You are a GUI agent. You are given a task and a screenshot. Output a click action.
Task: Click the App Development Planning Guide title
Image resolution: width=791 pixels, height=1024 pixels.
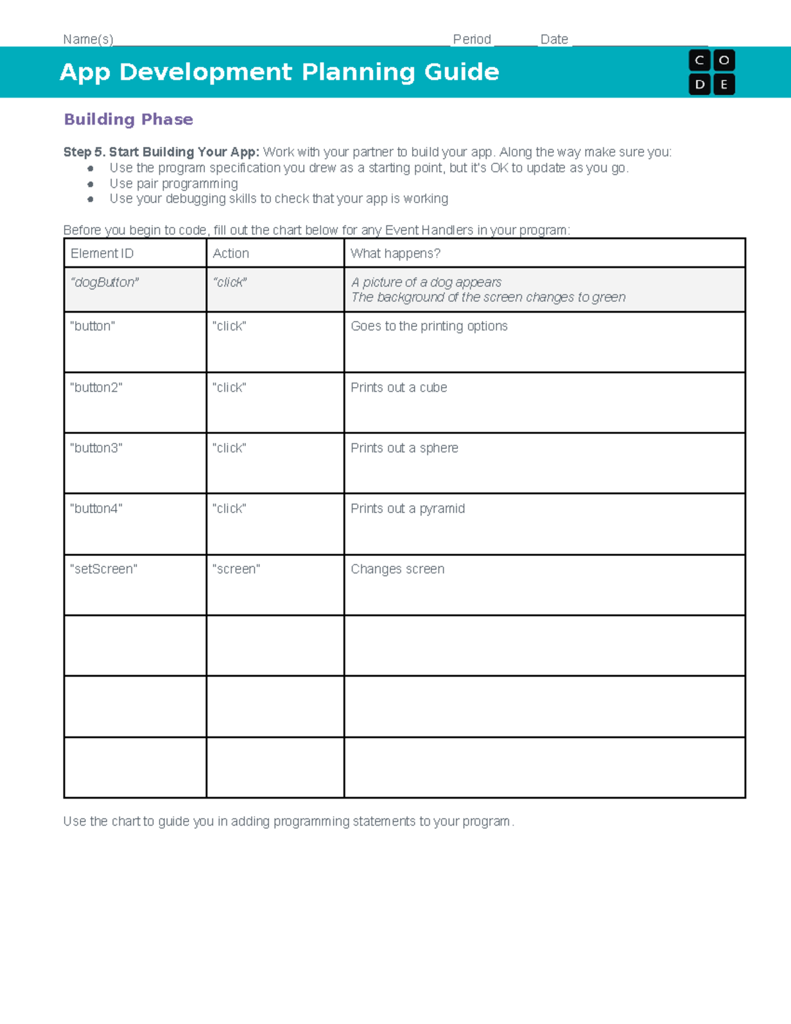click(279, 72)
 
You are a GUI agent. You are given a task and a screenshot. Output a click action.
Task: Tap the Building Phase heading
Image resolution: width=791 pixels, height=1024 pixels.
click(129, 119)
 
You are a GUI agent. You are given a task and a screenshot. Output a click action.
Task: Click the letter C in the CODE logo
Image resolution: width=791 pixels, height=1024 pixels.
click(699, 61)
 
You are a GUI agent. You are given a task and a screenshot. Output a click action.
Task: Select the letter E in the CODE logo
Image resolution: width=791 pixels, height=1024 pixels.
click(724, 84)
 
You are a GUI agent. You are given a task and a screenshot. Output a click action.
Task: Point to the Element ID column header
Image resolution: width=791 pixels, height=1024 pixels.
click(102, 253)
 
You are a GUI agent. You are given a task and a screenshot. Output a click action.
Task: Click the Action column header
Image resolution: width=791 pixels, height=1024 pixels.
click(231, 253)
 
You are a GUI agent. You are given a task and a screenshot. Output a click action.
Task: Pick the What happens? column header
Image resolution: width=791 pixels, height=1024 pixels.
click(395, 253)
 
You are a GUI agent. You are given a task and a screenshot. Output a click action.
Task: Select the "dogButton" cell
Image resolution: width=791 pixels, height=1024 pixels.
click(105, 282)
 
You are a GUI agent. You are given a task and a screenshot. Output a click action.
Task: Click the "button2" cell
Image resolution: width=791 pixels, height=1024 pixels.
click(96, 388)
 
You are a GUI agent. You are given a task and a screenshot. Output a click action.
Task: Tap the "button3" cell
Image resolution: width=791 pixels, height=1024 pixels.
click(96, 448)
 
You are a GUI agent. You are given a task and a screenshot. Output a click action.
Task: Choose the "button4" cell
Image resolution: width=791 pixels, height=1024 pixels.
click(96, 509)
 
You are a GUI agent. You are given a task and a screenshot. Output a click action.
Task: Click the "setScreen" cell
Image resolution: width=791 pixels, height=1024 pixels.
click(103, 569)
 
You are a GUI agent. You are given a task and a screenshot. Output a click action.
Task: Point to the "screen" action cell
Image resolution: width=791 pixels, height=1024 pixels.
click(236, 569)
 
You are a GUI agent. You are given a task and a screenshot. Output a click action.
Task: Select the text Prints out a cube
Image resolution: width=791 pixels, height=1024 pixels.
click(399, 388)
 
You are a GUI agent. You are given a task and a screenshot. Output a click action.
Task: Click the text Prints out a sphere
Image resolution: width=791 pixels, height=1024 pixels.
click(404, 448)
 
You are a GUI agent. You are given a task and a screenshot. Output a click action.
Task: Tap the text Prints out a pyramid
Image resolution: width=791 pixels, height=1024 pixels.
click(407, 509)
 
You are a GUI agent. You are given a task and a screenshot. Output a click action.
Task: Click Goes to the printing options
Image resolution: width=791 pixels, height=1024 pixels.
click(429, 326)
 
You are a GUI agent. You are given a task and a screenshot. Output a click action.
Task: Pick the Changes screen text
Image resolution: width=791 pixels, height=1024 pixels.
click(397, 569)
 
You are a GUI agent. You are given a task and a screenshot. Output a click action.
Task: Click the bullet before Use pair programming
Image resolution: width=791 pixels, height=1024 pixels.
click(90, 184)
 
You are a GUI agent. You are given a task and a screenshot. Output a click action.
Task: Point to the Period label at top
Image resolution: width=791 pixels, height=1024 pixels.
click(472, 40)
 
